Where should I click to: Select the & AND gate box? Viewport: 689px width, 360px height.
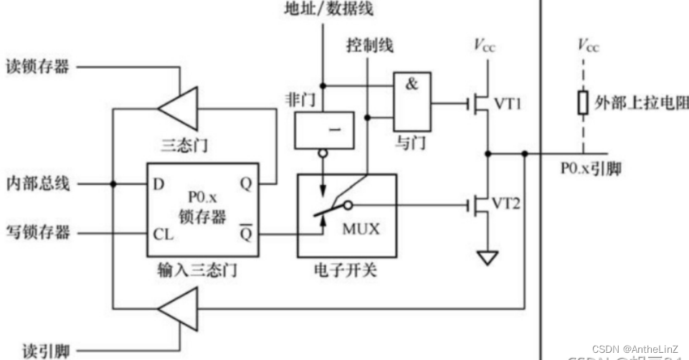pyautogui.click(x=411, y=101)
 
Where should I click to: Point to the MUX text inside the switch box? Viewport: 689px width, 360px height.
pyautogui.click(x=360, y=230)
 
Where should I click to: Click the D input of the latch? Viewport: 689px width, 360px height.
pyautogui.click(x=158, y=184)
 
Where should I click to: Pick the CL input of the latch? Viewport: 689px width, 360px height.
pyautogui.click(x=162, y=234)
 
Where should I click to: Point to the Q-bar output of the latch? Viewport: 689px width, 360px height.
pyautogui.click(x=245, y=233)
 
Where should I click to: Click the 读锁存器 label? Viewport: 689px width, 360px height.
pyautogui.click(x=37, y=67)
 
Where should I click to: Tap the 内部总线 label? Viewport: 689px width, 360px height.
pyautogui.click(x=37, y=184)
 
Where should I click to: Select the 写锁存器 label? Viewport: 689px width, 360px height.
pyautogui.click(x=37, y=232)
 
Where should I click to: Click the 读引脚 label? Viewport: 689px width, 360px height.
pyautogui.click(x=37, y=351)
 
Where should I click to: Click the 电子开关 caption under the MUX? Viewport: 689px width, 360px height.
pyautogui.click(x=346, y=271)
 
